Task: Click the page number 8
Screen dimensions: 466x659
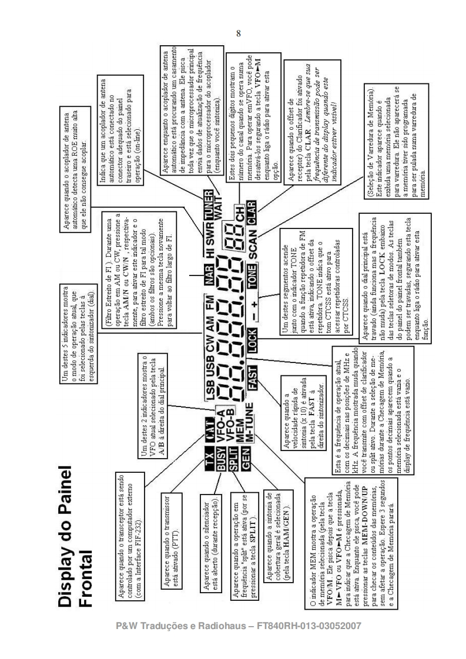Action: coord(238,33)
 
